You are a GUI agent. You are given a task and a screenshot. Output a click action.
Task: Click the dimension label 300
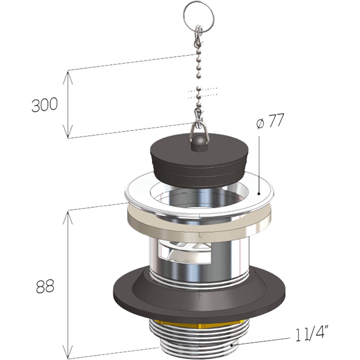[x=44, y=105]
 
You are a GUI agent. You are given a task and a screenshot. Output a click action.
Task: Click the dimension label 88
[x=45, y=286]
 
